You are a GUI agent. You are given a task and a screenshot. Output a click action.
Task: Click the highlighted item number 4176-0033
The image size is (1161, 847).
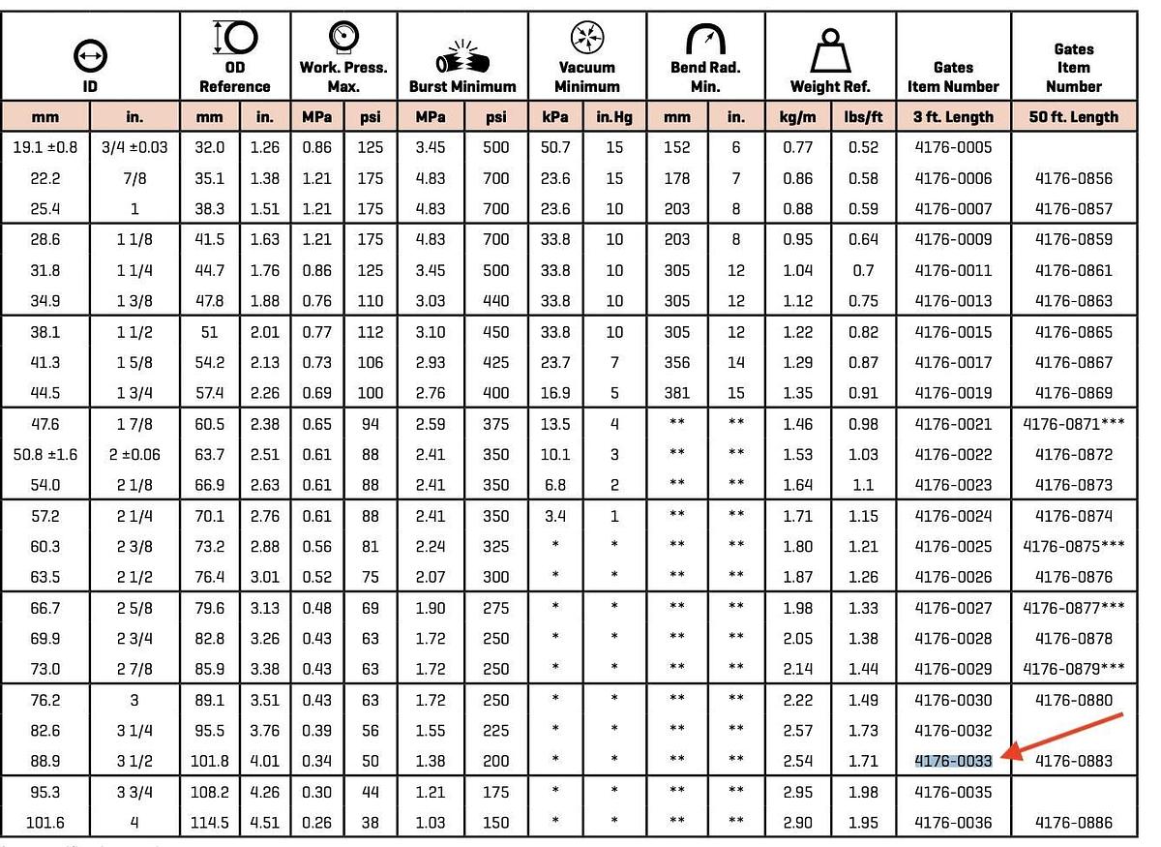(953, 761)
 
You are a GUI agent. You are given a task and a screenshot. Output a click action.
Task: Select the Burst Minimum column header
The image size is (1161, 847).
(462, 86)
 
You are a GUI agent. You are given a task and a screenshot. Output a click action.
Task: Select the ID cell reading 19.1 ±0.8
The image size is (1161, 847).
(45, 147)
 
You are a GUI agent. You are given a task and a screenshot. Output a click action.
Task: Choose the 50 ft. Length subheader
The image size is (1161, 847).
(1073, 117)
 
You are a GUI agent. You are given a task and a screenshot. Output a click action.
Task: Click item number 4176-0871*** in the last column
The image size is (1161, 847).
(1073, 424)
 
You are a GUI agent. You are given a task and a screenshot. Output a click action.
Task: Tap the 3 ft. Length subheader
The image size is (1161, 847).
(953, 117)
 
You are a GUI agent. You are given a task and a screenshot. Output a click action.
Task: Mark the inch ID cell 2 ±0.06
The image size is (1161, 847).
(134, 455)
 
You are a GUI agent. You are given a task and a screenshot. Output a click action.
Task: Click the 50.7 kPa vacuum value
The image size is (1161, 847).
(555, 147)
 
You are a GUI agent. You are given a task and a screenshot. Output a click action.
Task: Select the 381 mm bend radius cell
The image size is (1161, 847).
(677, 393)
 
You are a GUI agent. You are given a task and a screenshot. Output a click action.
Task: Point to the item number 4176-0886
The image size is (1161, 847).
(1073, 823)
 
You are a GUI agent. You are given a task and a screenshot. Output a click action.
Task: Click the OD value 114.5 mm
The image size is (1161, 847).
(209, 823)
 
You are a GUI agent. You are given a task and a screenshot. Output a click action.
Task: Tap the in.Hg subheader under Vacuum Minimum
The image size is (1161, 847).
(614, 117)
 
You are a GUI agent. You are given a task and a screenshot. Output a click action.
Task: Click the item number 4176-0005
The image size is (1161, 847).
(953, 147)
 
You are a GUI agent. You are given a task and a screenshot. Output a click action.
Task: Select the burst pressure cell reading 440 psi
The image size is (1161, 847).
(495, 301)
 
